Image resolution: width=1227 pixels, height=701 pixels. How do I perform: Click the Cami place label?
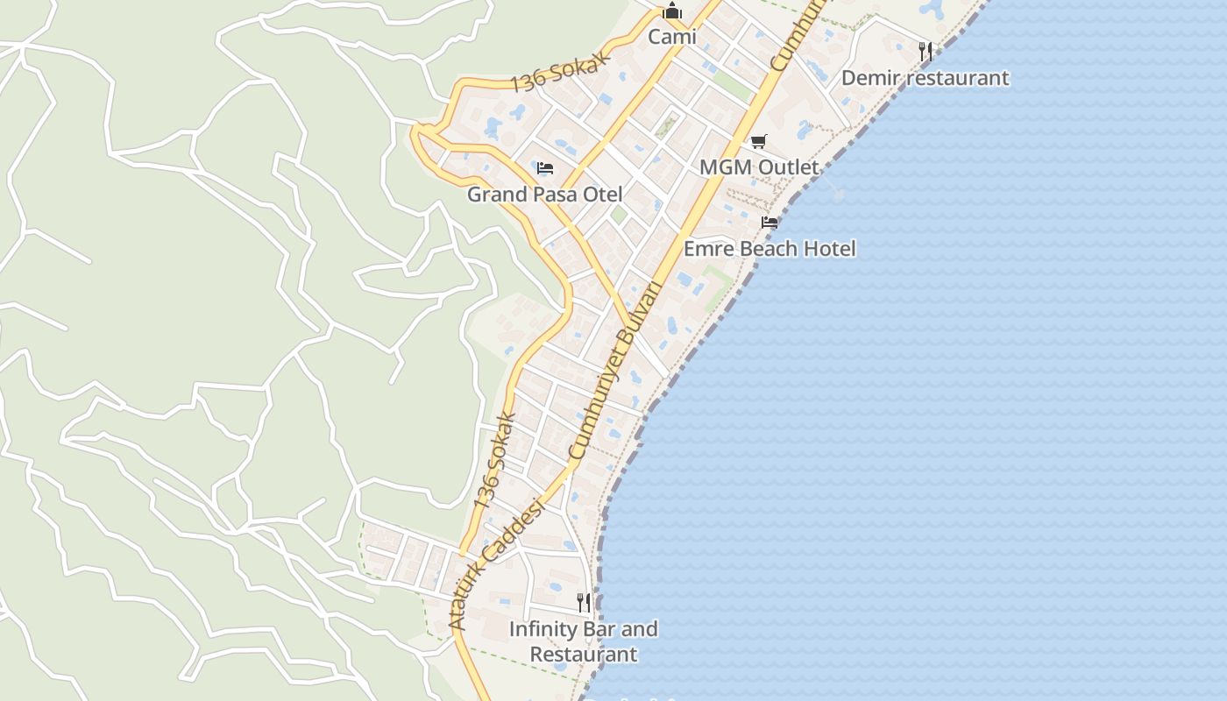click(x=672, y=37)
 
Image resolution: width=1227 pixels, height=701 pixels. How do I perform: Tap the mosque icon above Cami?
click(x=672, y=11)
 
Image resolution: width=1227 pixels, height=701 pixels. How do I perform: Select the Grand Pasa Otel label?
click(x=544, y=195)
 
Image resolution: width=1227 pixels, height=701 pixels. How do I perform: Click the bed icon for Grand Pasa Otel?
click(x=545, y=167)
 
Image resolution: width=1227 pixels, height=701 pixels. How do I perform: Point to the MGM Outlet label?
click(x=759, y=167)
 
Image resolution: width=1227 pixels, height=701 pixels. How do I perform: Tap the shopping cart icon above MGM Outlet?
click(x=759, y=141)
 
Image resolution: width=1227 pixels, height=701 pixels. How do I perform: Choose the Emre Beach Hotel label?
click(x=770, y=249)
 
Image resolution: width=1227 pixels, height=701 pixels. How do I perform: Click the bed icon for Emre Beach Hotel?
click(x=770, y=223)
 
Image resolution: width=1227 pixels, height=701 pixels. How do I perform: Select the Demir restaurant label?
click(x=925, y=78)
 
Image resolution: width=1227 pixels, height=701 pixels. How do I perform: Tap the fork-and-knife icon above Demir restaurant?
click(x=926, y=51)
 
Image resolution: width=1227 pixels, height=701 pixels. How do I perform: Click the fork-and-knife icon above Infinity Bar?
click(x=584, y=602)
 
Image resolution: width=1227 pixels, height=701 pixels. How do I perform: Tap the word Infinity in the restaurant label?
click(x=543, y=629)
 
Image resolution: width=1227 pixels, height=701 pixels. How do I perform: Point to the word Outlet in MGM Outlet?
click(x=788, y=167)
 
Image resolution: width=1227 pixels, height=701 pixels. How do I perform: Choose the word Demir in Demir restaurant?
click(x=869, y=78)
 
